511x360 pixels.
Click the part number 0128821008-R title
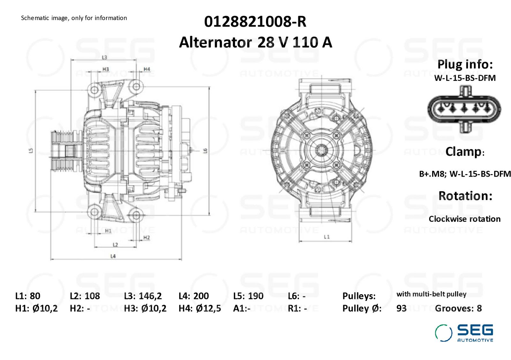255,22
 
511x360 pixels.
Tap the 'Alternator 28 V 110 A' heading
255,42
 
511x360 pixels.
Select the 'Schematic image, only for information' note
74,18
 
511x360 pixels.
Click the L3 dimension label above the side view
104,57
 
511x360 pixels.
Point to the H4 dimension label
147,69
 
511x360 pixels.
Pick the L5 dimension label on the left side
31,150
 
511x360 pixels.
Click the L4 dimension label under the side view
113,256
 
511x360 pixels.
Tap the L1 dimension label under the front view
327,237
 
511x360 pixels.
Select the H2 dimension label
147,238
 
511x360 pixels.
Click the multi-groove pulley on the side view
66,150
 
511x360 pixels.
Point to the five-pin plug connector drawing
464,109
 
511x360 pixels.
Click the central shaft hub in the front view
321,150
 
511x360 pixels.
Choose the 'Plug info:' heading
465,64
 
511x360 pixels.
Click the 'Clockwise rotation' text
465,219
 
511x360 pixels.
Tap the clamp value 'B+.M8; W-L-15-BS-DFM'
465,174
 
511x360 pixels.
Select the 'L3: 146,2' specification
143,296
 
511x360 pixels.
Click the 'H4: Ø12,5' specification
200,308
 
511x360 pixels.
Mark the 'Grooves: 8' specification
458,308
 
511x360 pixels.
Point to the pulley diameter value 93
401,308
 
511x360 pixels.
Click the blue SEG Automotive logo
464,333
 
